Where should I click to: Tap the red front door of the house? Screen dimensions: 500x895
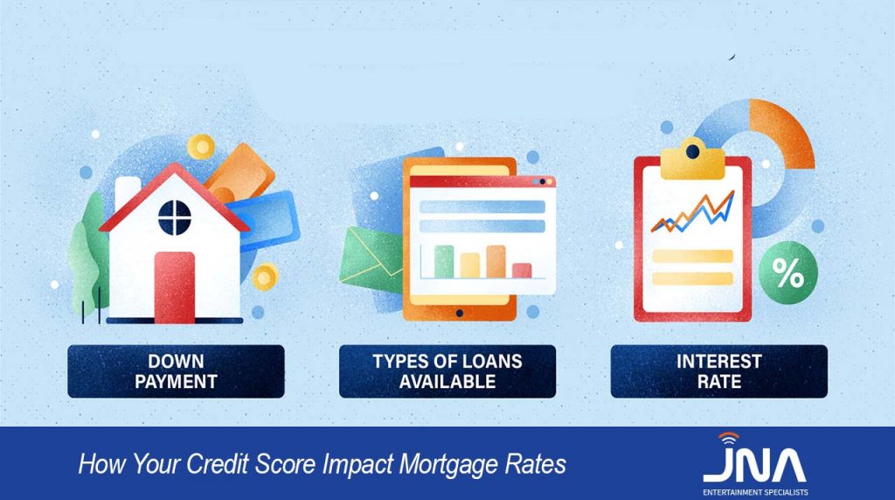(174, 287)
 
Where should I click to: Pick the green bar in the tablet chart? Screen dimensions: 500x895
(444, 260)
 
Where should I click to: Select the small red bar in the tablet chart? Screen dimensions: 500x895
(522, 269)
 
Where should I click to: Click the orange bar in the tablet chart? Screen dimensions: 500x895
(496, 260)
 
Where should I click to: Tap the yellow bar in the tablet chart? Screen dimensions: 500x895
(470, 264)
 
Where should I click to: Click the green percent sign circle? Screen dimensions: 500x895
(787, 276)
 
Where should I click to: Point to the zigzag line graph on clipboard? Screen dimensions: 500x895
(691, 215)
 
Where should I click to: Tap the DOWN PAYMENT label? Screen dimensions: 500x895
(176, 372)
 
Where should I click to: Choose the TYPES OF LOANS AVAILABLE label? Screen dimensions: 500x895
(447, 372)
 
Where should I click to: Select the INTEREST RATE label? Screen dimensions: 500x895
(718, 372)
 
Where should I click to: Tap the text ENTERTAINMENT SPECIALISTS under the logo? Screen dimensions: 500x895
(755, 492)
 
